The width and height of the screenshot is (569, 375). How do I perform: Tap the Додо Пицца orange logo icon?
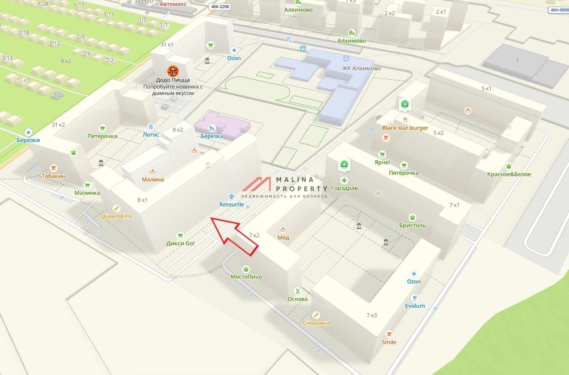click(173, 72)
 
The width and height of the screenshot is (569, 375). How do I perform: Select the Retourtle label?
click(231, 205)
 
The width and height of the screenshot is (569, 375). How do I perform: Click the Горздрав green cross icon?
click(344, 180)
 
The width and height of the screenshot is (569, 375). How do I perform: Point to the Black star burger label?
click(405, 128)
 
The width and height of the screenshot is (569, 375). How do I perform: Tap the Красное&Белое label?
click(509, 174)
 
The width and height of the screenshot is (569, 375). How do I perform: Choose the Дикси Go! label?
click(180, 244)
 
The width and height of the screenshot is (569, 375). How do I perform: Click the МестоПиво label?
click(246, 277)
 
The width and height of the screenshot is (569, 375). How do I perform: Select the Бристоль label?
click(412, 225)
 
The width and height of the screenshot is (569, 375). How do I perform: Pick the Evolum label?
click(414, 306)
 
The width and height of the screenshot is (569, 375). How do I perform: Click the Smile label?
click(389, 342)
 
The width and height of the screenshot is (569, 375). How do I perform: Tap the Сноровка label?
click(316, 323)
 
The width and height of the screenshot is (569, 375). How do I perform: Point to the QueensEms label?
click(117, 216)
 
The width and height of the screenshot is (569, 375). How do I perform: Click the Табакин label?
click(53, 176)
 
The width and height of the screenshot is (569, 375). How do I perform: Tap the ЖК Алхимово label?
click(361, 68)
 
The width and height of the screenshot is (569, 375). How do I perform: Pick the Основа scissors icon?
click(297, 291)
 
